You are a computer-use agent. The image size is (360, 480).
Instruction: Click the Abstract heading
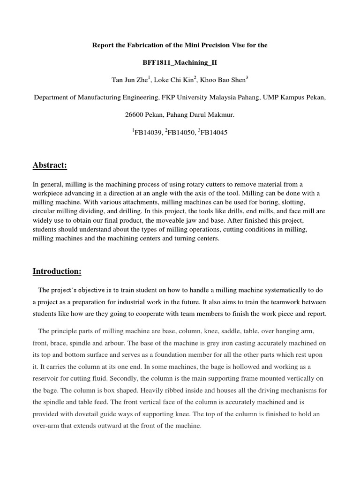coord(50,165)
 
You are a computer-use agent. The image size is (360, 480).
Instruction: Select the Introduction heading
coord(57,271)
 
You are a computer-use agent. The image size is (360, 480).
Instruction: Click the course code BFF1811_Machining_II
coord(180,62)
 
